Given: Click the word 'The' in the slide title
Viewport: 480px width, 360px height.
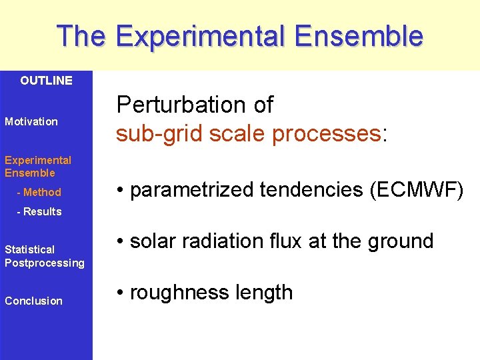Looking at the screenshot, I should (x=81, y=36).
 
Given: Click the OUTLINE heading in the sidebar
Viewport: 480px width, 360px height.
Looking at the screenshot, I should (x=46, y=81).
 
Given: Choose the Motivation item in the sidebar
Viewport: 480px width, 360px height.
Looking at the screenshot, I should (x=31, y=121).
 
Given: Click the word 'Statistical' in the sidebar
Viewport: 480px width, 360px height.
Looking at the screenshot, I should (x=29, y=249).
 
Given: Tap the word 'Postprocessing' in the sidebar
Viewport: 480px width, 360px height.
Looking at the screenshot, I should (x=45, y=263).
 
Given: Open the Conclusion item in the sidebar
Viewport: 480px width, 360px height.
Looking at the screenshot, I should (x=33, y=301).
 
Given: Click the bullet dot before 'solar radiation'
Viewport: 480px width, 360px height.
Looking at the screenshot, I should (x=120, y=241).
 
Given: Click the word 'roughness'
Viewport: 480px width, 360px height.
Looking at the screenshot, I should (x=176, y=293).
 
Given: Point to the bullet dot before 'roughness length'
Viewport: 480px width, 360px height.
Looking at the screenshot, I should (x=120, y=293).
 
